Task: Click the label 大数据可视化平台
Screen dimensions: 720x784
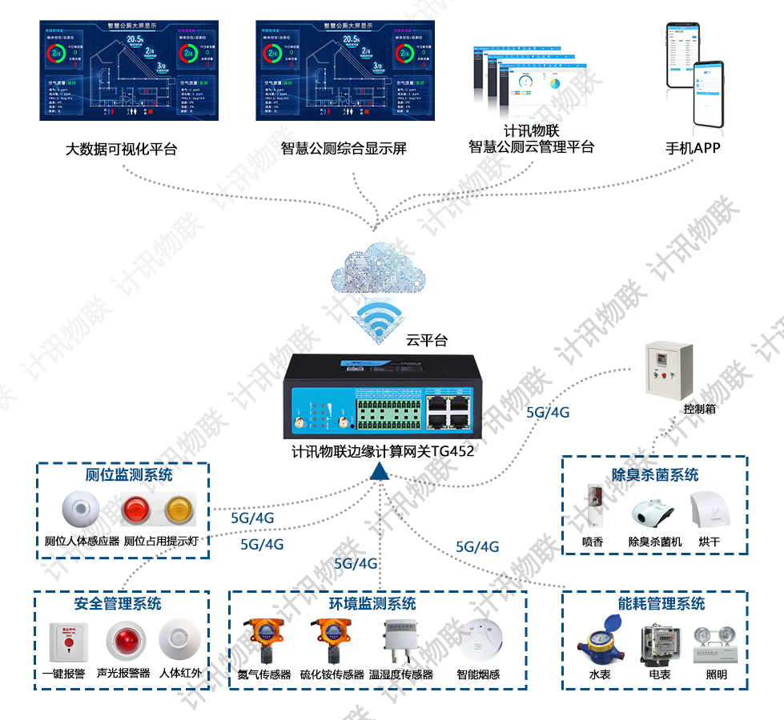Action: click(x=121, y=149)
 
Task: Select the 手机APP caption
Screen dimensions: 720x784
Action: click(x=694, y=148)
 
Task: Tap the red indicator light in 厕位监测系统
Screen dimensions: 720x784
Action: click(x=133, y=510)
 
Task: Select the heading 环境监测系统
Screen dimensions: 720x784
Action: click(x=373, y=603)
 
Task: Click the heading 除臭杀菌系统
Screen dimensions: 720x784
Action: click(x=655, y=475)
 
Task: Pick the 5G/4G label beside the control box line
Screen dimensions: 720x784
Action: click(x=548, y=413)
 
